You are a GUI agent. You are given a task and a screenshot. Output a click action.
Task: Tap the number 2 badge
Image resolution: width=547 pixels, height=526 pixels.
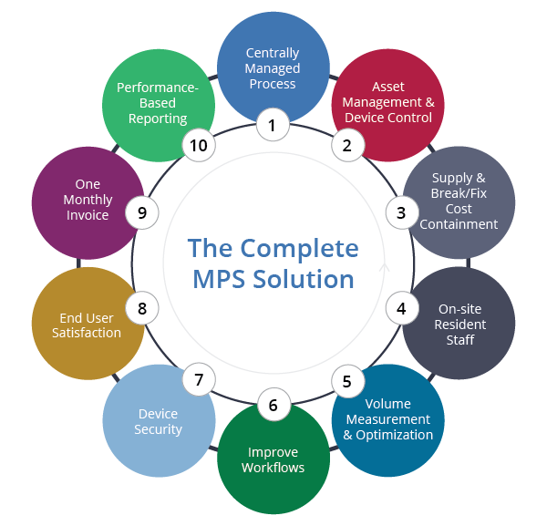(346, 143)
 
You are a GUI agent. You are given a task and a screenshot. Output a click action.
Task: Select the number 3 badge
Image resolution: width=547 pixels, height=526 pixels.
(400, 213)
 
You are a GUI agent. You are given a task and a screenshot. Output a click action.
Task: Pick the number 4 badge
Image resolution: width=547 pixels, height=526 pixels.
(401, 308)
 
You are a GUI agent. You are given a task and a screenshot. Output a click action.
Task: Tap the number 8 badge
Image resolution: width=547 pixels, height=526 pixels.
(142, 308)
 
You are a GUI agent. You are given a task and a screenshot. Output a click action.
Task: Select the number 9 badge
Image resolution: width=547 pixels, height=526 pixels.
(142, 213)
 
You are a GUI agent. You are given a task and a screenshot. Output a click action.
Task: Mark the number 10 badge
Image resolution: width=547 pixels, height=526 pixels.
(197, 143)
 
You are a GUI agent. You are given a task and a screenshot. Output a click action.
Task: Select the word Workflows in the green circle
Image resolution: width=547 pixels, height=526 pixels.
(272, 468)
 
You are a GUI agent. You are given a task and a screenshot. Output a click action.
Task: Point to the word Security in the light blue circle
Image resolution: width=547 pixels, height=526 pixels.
(159, 429)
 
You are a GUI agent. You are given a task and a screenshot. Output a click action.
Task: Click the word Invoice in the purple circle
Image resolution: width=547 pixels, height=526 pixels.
(88, 215)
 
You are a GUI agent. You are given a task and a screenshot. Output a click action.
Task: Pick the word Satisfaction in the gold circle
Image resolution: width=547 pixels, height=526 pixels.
(88, 333)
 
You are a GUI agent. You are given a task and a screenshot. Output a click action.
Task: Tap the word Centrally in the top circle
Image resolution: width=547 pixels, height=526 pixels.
(272, 53)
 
